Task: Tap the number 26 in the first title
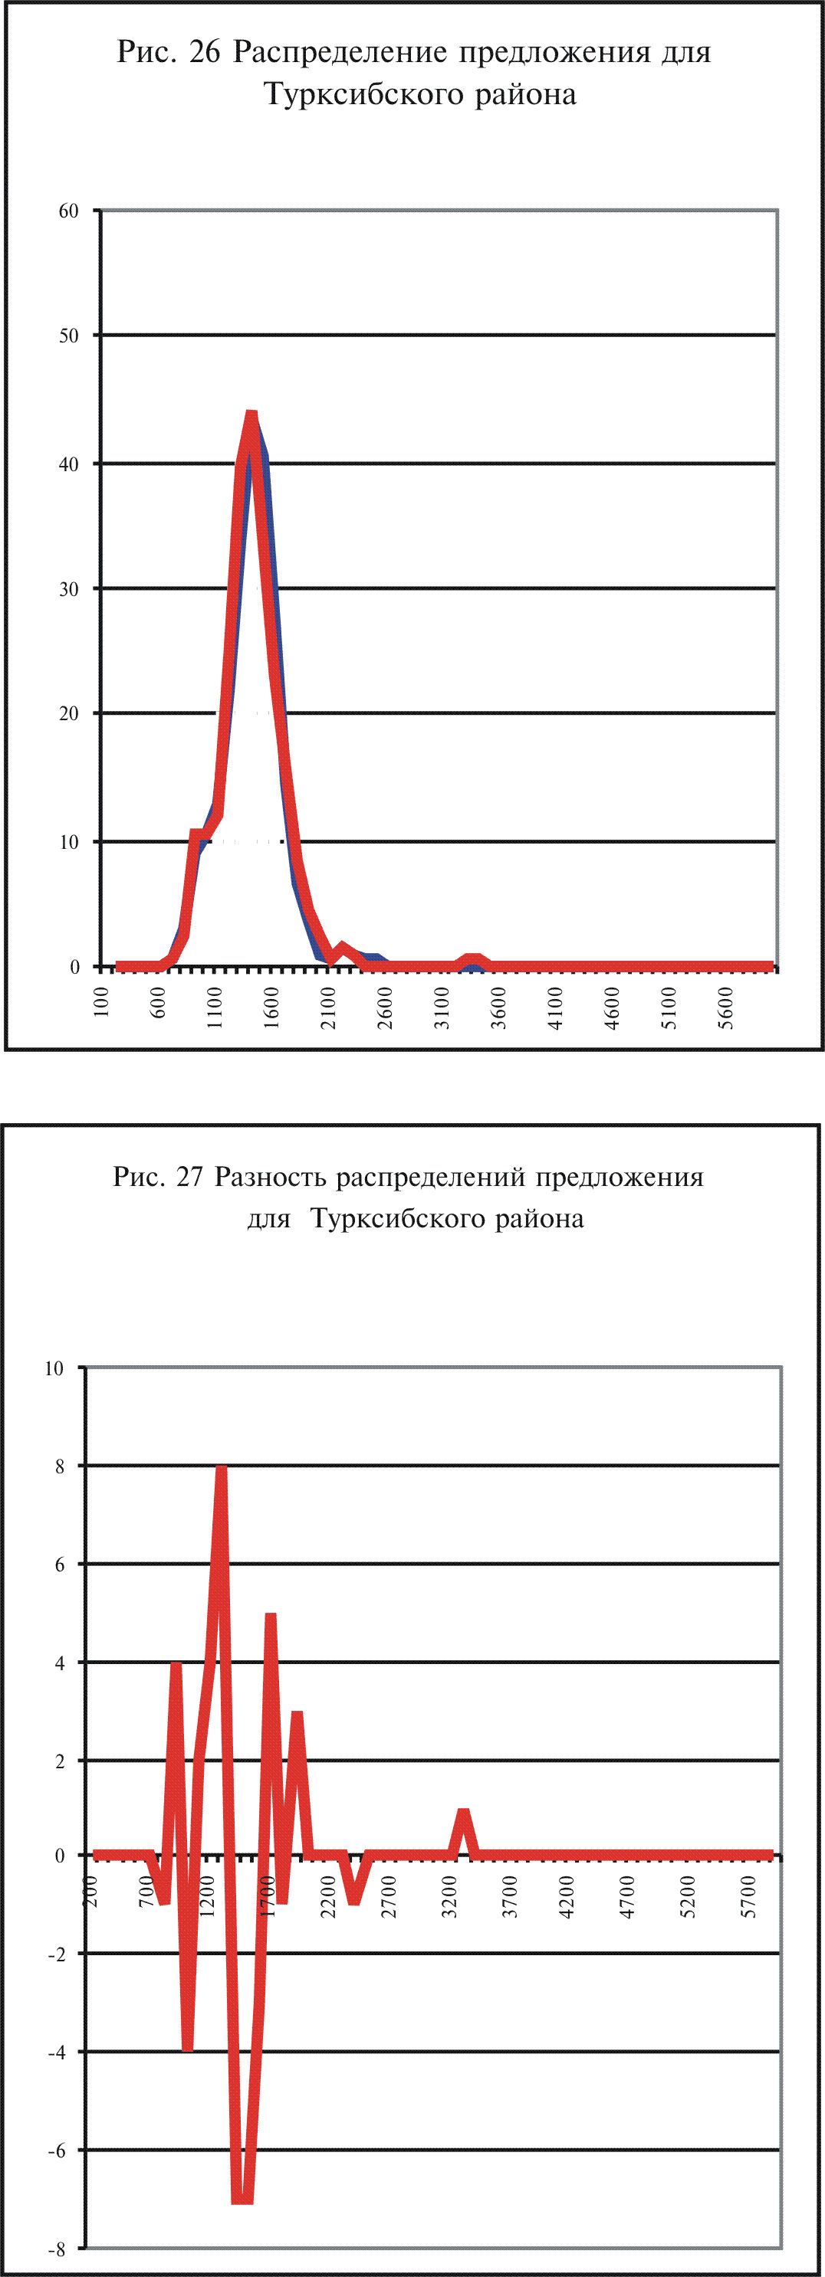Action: pyautogui.click(x=203, y=53)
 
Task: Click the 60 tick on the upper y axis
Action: pyautogui.click(x=68, y=211)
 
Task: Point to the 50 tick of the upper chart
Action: pyautogui.click(x=68, y=336)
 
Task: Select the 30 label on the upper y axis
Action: pyautogui.click(x=68, y=590)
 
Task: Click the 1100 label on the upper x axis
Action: pyautogui.click(x=215, y=1007)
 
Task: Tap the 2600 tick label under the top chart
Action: pyautogui.click(x=385, y=1007)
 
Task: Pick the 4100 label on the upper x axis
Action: pyautogui.click(x=555, y=1007)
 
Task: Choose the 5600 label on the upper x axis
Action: pyautogui.click(x=726, y=1007)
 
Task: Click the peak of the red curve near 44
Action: pyautogui.click(x=251, y=415)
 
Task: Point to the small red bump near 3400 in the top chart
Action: pyautogui.click(x=474, y=959)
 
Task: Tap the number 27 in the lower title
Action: pyautogui.click(x=189, y=1178)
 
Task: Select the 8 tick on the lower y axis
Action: pyautogui.click(x=60, y=1467)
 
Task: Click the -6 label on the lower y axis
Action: pyautogui.click(x=57, y=2151)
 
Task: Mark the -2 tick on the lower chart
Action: pyautogui.click(x=57, y=1954)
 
